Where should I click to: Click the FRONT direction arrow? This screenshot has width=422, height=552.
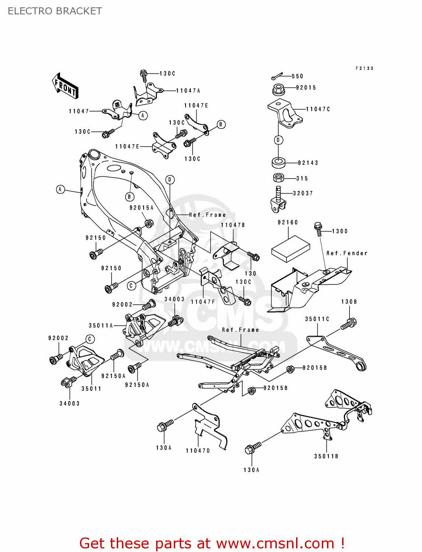65,85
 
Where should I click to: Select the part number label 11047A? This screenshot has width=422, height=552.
188,91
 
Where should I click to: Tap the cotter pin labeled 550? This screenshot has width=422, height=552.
277,76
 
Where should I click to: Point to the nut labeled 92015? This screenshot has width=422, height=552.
279,89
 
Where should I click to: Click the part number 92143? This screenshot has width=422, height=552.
308,163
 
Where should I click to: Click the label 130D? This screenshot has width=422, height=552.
340,231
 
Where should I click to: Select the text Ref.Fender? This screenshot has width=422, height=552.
347,253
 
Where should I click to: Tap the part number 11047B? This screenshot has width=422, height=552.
233,225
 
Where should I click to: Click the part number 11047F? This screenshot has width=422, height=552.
203,302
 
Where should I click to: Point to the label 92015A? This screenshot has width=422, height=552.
141,208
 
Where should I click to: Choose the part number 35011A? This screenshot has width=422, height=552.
101,325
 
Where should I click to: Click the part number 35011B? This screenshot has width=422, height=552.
326,456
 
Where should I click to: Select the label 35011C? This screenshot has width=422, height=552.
317,319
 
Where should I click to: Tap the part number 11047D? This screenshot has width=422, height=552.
198,450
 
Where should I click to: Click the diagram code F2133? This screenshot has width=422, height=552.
365,68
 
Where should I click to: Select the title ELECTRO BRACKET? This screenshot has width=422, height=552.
55,11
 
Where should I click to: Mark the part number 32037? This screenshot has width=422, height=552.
303,193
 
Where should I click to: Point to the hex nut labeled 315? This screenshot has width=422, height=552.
279,178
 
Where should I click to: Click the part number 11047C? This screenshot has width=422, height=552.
318,109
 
